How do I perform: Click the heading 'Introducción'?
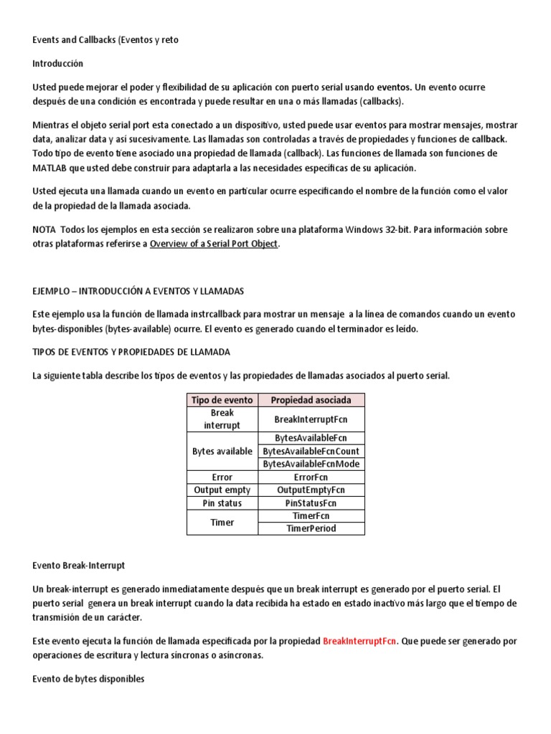click(57, 64)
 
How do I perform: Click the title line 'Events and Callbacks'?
click(105, 40)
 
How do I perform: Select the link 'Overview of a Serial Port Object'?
click(213, 244)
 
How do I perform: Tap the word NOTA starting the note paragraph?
click(44, 229)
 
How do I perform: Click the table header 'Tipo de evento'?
click(222, 400)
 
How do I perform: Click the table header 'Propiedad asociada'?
click(311, 400)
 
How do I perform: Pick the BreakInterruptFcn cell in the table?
click(311, 419)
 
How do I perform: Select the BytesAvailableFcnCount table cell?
click(311, 451)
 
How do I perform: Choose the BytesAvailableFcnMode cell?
click(311, 464)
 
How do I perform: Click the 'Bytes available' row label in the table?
click(222, 451)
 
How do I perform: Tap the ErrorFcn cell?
click(311, 477)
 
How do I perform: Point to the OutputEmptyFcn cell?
click(311, 490)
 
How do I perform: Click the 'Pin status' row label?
click(222, 503)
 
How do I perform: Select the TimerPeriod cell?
click(311, 528)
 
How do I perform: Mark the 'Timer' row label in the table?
click(222, 523)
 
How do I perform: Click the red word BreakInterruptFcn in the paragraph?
click(358, 641)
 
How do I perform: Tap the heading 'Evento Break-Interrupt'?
click(79, 566)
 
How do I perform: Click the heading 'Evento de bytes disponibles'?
click(88, 679)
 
